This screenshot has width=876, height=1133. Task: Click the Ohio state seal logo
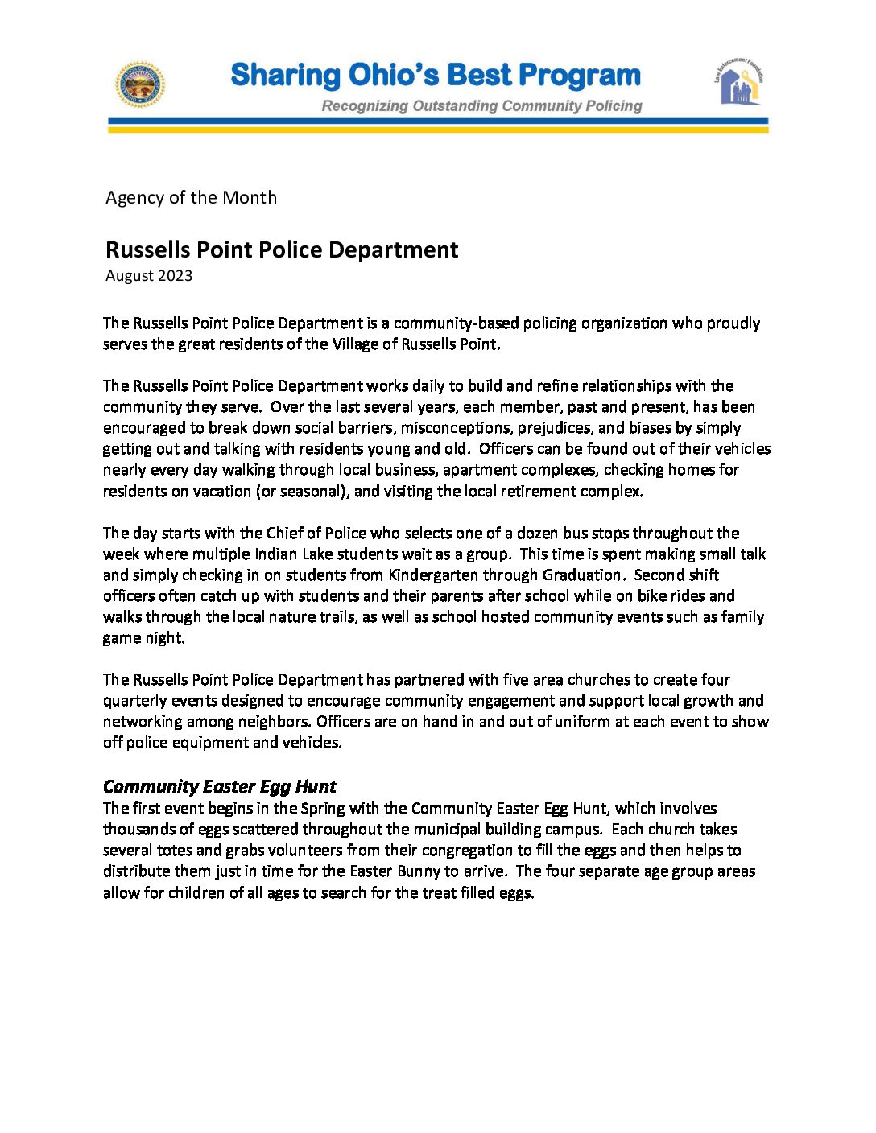140,84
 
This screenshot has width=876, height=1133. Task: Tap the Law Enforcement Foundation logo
739,83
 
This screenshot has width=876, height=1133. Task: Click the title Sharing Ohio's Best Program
436,76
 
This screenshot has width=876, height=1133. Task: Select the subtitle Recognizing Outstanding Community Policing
481,106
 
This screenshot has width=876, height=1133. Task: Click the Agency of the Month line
191,198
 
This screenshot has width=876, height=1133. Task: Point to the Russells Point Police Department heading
282,249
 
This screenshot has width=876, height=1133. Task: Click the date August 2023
149,276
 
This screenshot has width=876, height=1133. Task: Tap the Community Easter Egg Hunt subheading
220,786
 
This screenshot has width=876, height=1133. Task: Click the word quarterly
134,700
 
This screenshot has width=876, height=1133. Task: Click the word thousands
139,829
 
